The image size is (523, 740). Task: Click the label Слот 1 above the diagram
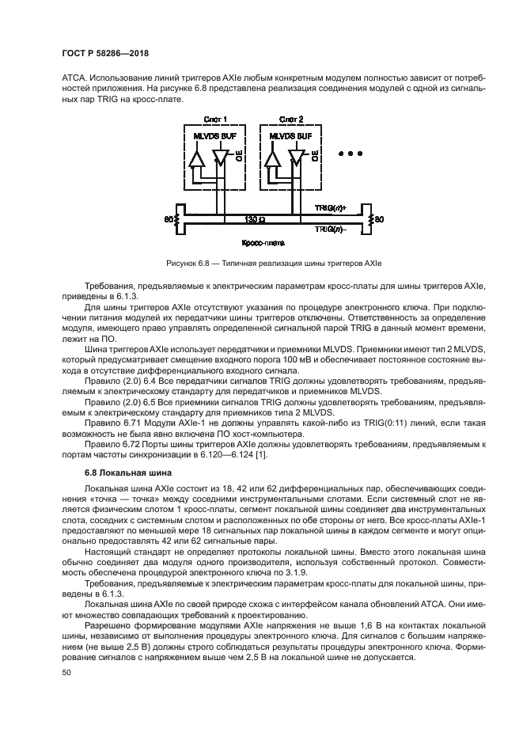pyautogui.click(x=214, y=120)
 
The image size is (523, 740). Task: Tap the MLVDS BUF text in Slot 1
pyautogui.click(x=211, y=135)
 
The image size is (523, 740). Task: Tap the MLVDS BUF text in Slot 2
pyautogui.click(x=290, y=135)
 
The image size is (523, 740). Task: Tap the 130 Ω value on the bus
pyautogui.click(x=256, y=218)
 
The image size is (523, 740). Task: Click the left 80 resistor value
pyautogui.click(x=168, y=218)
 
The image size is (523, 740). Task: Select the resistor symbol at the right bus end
pyautogui.click(x=368, y=218)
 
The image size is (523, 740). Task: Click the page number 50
pyautogui.click(x=66, y=672)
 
